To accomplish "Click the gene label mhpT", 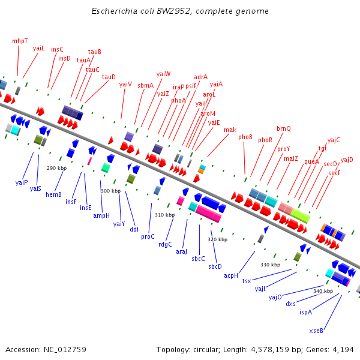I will (x=20, y=41).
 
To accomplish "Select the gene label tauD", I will (x=109, y=77).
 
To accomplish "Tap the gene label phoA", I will (x=178, y=100).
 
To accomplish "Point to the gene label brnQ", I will (x=283, y=128).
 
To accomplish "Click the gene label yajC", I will (x=334, y=140).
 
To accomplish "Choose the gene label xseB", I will (x=316, y=331).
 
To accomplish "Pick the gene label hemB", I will (x=54, y=194).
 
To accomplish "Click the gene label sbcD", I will (x=215, y=266).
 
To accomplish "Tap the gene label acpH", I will (x=232, y=275).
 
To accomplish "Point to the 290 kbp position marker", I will (x=56, y=168).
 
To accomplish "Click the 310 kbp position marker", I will (x=164, y=215).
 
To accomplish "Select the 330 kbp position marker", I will (x=270, y=265).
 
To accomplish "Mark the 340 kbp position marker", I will (x=323, y=291).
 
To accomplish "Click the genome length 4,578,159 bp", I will (x=279, y=349).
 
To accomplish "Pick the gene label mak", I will (x=230, y=130).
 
